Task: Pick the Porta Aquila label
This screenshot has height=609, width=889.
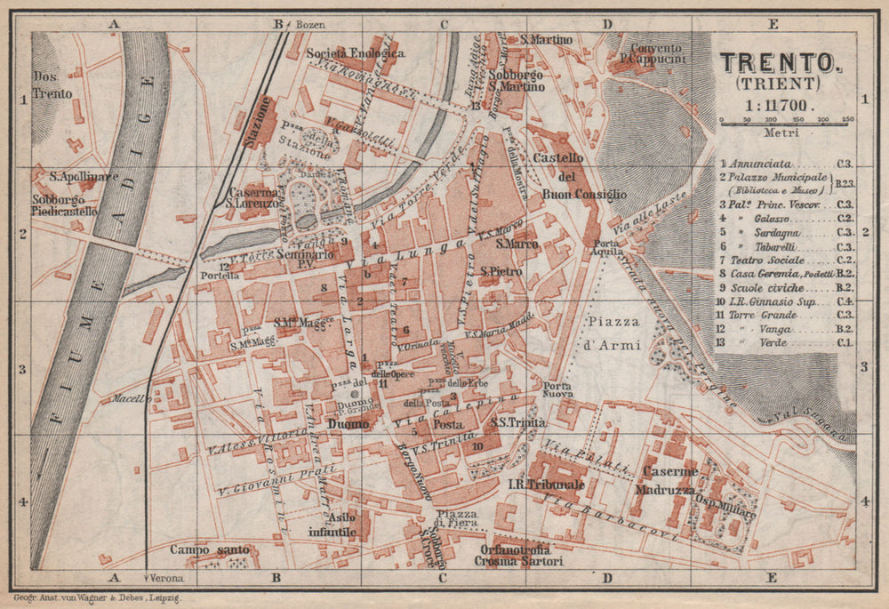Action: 607,248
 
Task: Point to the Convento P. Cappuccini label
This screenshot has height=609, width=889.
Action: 656,54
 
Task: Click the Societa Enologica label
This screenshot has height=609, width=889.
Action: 356,53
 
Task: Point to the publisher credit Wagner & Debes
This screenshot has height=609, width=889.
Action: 98,593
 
